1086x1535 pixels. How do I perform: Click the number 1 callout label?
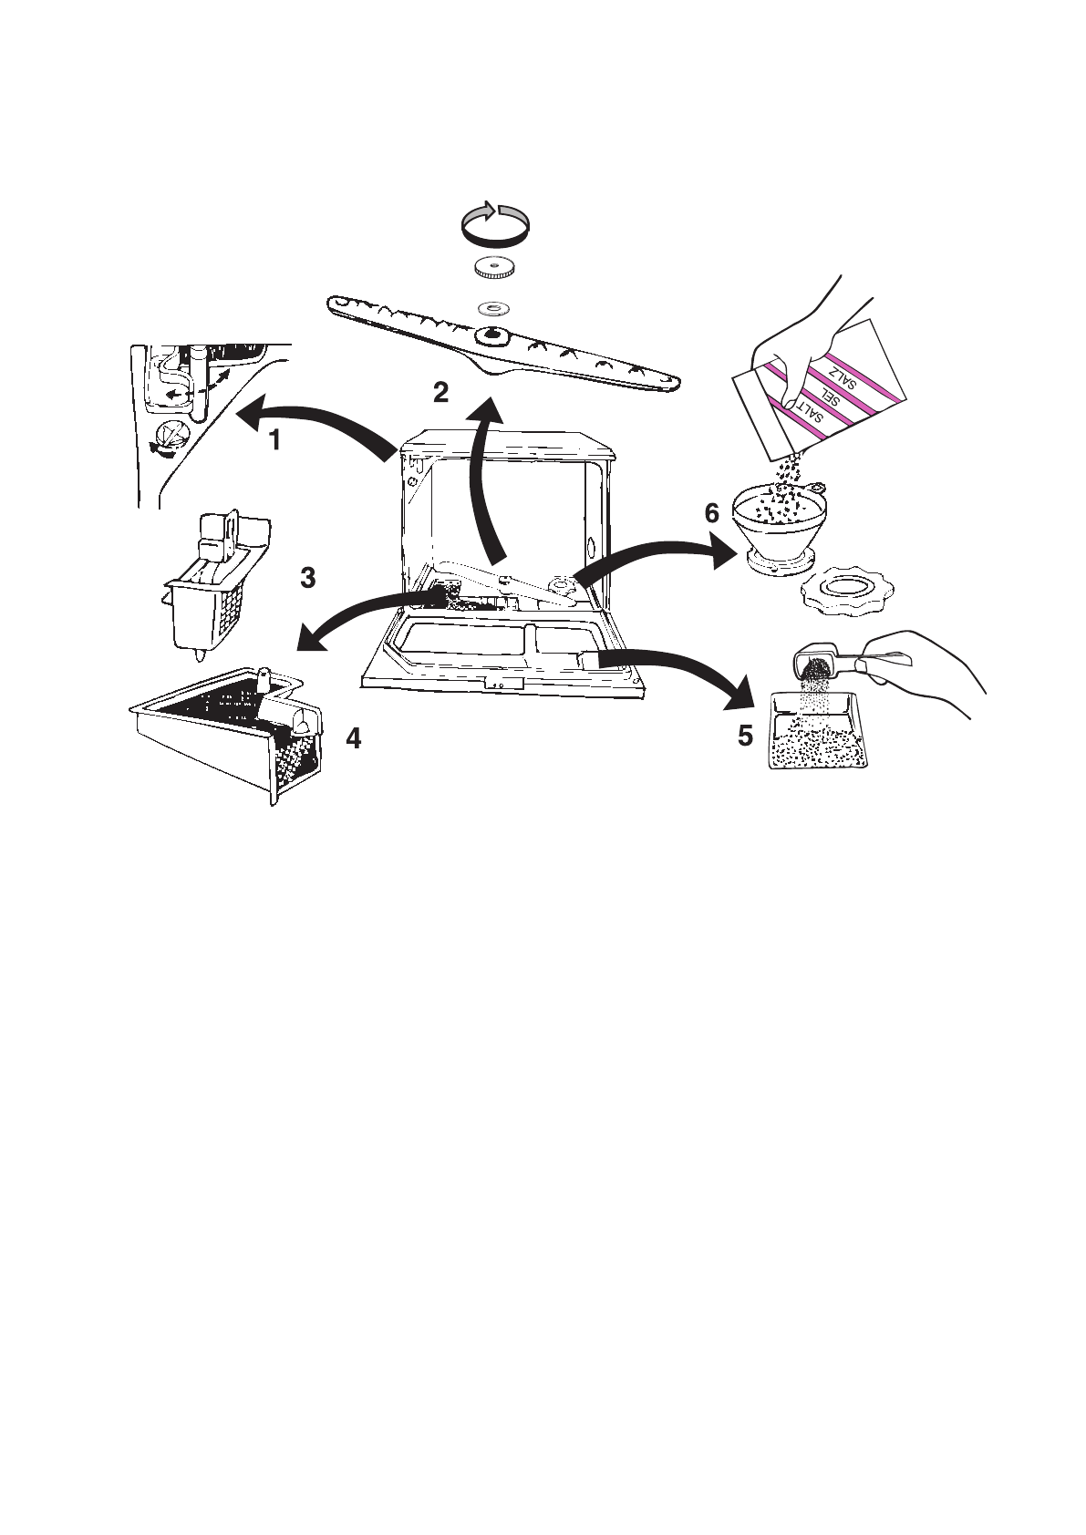click(274, 440)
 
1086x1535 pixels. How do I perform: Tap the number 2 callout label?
click(441, 393)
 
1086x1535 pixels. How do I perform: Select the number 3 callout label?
click(308, 577)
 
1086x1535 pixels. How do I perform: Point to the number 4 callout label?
click(353, 738)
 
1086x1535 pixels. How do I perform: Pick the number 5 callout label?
click(745, 735)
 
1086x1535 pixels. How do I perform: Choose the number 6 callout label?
click(712, 512)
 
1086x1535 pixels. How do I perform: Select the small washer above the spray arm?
click(493, 308)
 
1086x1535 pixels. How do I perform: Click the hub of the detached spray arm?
click(492, 336)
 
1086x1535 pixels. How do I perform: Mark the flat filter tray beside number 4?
click(228, 729)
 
